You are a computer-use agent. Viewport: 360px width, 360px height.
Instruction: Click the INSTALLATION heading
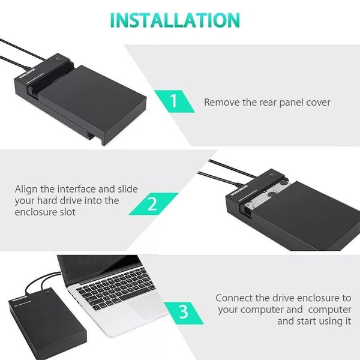click(x=175, y=20)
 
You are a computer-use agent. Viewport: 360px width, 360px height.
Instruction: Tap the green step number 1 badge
click(x=174, y=101)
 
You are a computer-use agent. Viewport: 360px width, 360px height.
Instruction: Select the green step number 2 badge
click(x=153, y=204)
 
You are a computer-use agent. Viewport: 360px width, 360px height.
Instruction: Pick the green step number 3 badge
click(x=184, y=313)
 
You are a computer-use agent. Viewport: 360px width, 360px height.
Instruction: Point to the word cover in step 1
click(x=318, y=103)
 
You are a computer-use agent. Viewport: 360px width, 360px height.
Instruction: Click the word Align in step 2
click(x=26, y=190)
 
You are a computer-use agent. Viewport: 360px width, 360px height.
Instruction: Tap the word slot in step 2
click(x=67, y=212)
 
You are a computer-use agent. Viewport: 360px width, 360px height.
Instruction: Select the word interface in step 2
click(x=76, y=189)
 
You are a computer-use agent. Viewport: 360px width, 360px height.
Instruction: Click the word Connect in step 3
click(x=234, y=298)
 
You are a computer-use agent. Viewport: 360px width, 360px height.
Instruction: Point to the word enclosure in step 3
click(x=316, y=298)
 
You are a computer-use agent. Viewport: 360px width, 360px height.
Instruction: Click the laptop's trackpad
click(x=147, y=307)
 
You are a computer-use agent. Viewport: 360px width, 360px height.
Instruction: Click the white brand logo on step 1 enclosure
click(x=27, y=73)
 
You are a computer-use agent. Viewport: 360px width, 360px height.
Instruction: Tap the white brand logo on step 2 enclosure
click(x=239, y=190)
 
